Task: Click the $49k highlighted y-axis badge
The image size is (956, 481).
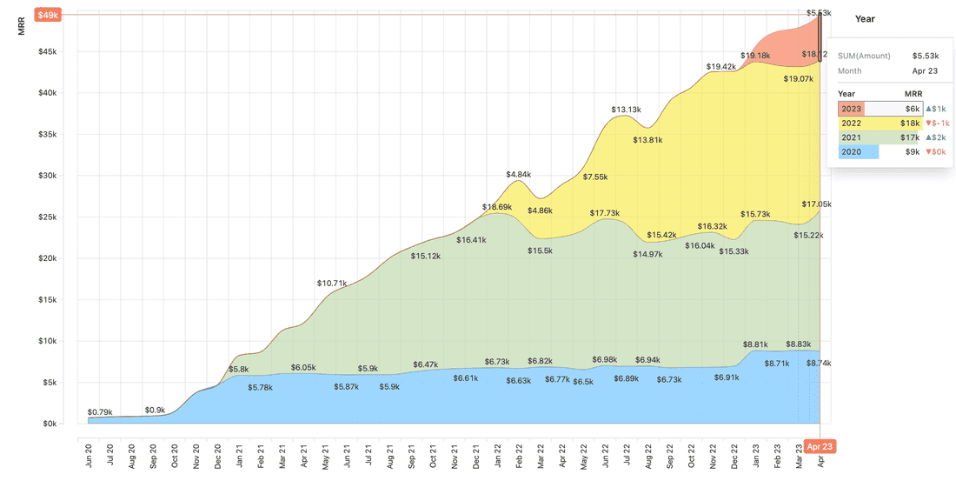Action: point(46,15)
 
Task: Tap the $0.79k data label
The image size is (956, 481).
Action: point(100,411)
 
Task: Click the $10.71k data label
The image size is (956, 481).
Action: point(332,284)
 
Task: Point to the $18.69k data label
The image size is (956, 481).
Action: point(497,207)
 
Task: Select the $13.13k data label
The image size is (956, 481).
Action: point(626,110)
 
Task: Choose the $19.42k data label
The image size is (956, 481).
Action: point(720,66)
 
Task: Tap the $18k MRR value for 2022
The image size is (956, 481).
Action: point(912,124)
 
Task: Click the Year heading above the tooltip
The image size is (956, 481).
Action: point(865,18)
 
